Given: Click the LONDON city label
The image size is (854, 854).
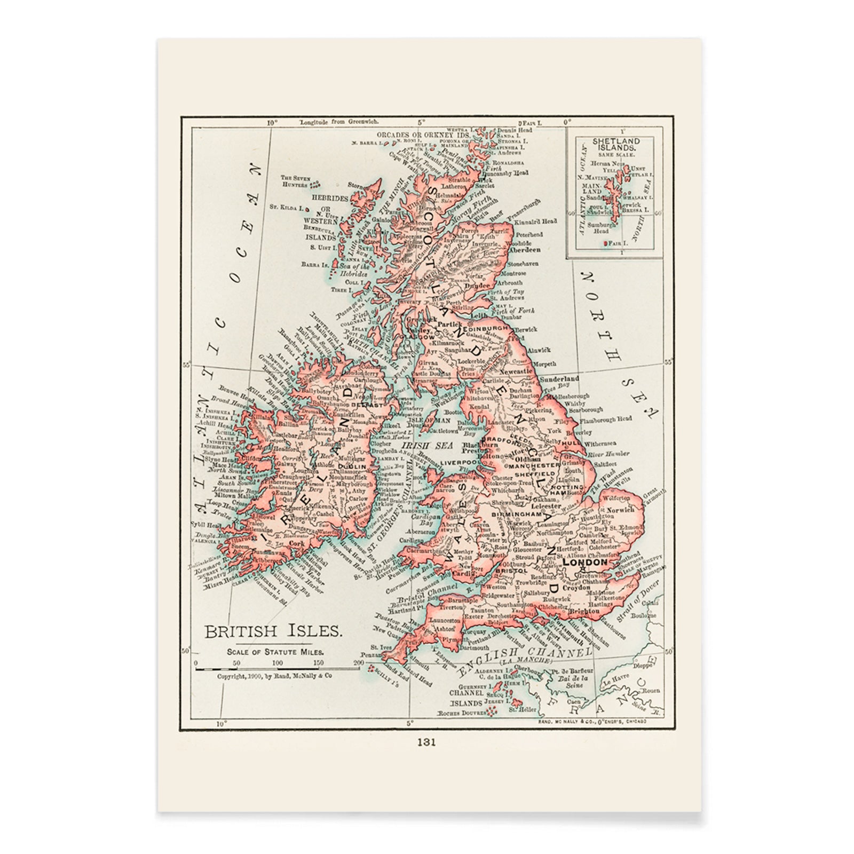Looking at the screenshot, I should click(x=585, y=562).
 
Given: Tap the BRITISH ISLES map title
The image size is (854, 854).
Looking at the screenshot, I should click(x=273, y=631).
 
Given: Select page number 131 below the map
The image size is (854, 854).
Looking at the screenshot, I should click(x=426, y=742).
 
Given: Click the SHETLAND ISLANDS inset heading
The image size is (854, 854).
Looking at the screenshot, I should click(x=616, y=144).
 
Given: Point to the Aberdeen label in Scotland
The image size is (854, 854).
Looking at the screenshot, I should click(x=525, y=249).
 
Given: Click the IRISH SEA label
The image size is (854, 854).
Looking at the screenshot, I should click(x=420, y=445).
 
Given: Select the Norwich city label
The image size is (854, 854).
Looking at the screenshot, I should click(x=620, y=510).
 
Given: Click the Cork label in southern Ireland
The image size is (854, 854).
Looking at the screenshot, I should click(x=296, y=543).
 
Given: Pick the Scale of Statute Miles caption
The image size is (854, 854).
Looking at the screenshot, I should click(x=275, y=652).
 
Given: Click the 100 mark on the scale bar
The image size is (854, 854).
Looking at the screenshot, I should click(x=278, y=663).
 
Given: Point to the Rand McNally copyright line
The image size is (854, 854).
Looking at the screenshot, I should click(x=274, y=676).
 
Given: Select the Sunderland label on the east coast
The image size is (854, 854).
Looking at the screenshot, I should click(x=559, y=378).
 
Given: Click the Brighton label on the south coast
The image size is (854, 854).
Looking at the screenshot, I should click(x=584, y=611).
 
